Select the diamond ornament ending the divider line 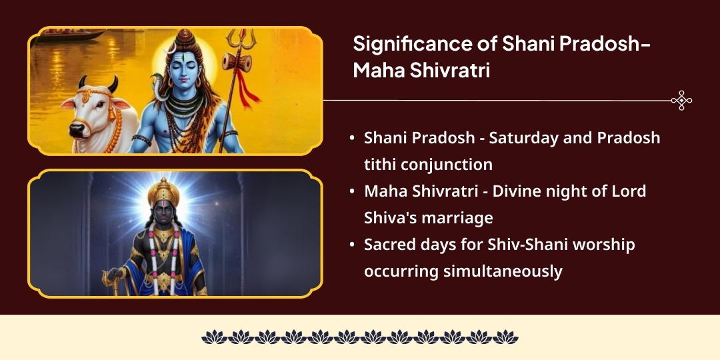click(681, 101)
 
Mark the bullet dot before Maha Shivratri click(352, 191)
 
